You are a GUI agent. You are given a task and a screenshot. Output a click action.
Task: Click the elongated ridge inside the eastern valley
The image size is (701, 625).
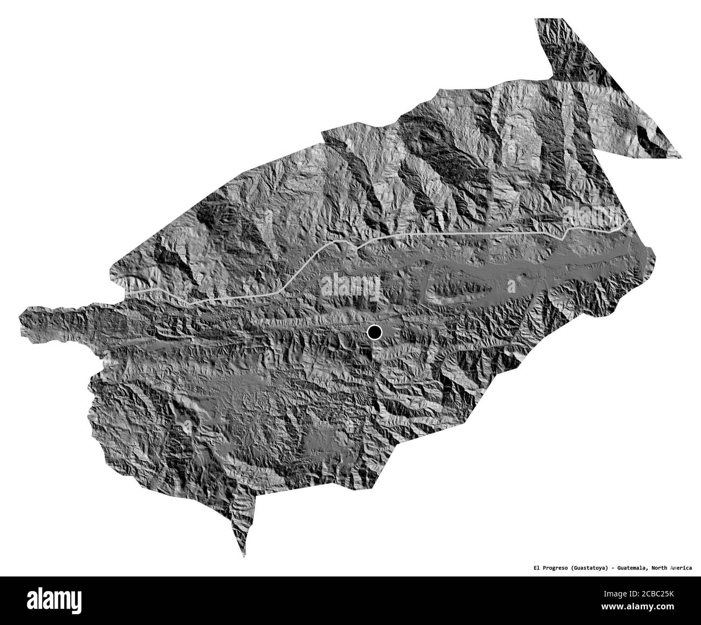[x=458, y=289]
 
